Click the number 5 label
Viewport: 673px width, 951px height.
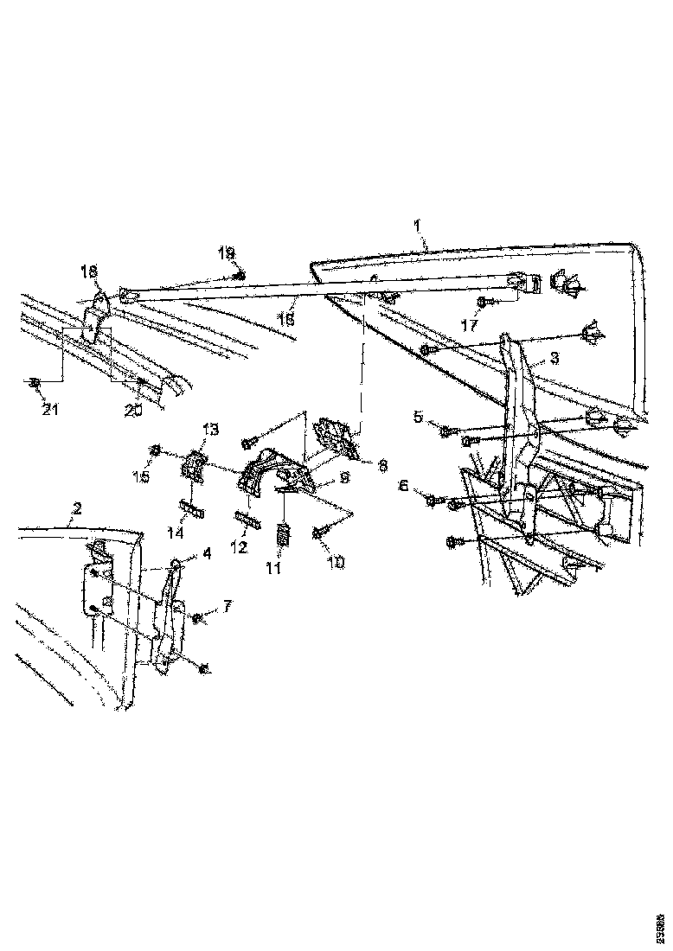pyautogui.click(x=418, y=417)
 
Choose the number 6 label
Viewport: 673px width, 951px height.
pyautogui.click(x=404, y=487)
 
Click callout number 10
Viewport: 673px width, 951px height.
pyautogui.click(x=336, y=563)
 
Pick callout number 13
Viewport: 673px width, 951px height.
pyautogui.click(x=211, y=429)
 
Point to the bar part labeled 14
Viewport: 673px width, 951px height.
pyautogui.click(x=191, y=510)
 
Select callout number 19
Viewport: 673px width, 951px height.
pyautogui.click(x=226, y=252)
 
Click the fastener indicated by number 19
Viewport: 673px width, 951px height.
pyautogui.click(x=241, y=276)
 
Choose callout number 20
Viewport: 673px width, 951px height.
pyautogui.click(x=132, y=412)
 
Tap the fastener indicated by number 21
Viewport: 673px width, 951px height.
pyautogui.click(x=34, y=381)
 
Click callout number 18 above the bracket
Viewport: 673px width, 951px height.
pyautogui.click(x=89, y=271)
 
